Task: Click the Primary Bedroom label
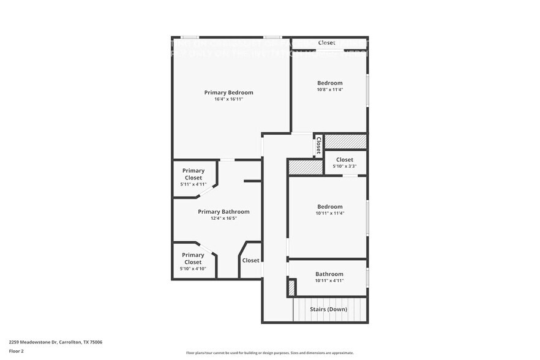228,92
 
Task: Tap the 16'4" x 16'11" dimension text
228,99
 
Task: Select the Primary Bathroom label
223,212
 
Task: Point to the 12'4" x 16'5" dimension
223,219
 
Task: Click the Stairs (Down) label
329,309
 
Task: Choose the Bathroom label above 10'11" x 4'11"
329,274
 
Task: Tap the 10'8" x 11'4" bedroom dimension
330,89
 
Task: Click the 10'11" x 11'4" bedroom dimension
330,213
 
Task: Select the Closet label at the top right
327,43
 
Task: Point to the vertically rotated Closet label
318,145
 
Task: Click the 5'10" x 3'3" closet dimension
345,166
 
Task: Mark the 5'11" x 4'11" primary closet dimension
193,184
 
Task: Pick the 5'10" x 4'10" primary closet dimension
193,269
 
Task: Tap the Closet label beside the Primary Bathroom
250,260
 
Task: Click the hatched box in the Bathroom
292,287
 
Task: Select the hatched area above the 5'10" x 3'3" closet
345,141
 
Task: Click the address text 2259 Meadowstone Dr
56,343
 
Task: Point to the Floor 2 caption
17,351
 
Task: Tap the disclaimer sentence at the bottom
270,353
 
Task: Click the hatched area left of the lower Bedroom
305,167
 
